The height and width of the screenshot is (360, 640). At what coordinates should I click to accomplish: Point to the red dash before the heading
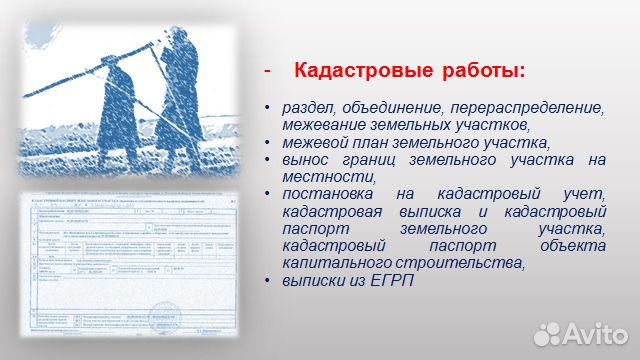(x=266, y=72)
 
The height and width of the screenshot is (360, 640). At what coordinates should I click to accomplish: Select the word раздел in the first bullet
(x=310, y=108)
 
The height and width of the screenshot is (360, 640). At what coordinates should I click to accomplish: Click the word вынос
(x=306, y=159)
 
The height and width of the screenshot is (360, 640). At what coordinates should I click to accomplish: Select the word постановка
(x=328, y=194)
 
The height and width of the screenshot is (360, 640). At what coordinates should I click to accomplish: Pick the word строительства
(x=460, y=263)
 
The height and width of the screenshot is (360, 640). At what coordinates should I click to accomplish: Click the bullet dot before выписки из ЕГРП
(x=267, y=280)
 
